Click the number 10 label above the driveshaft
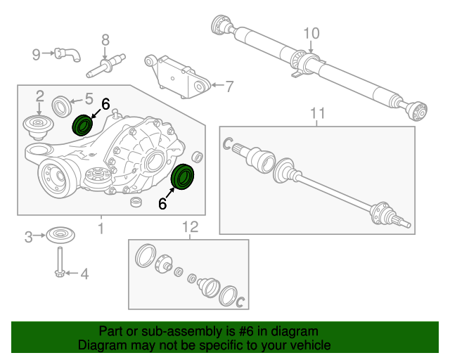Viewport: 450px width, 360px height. point(311,32)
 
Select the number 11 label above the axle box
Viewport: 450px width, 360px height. point(318,113)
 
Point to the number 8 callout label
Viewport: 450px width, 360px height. point(105,39)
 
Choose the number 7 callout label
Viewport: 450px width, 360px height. point(229,87)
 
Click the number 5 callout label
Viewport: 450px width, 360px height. point(89,98)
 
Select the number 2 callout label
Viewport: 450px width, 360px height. point(39,96)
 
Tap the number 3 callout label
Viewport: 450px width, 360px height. point(29,237)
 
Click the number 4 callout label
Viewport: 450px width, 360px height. point(84,274)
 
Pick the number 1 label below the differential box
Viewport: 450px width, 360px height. point(100,228)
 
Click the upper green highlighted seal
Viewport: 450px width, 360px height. point(83,126)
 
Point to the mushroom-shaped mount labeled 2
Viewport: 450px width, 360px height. point(38,127)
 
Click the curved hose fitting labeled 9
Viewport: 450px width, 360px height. point(69,53)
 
